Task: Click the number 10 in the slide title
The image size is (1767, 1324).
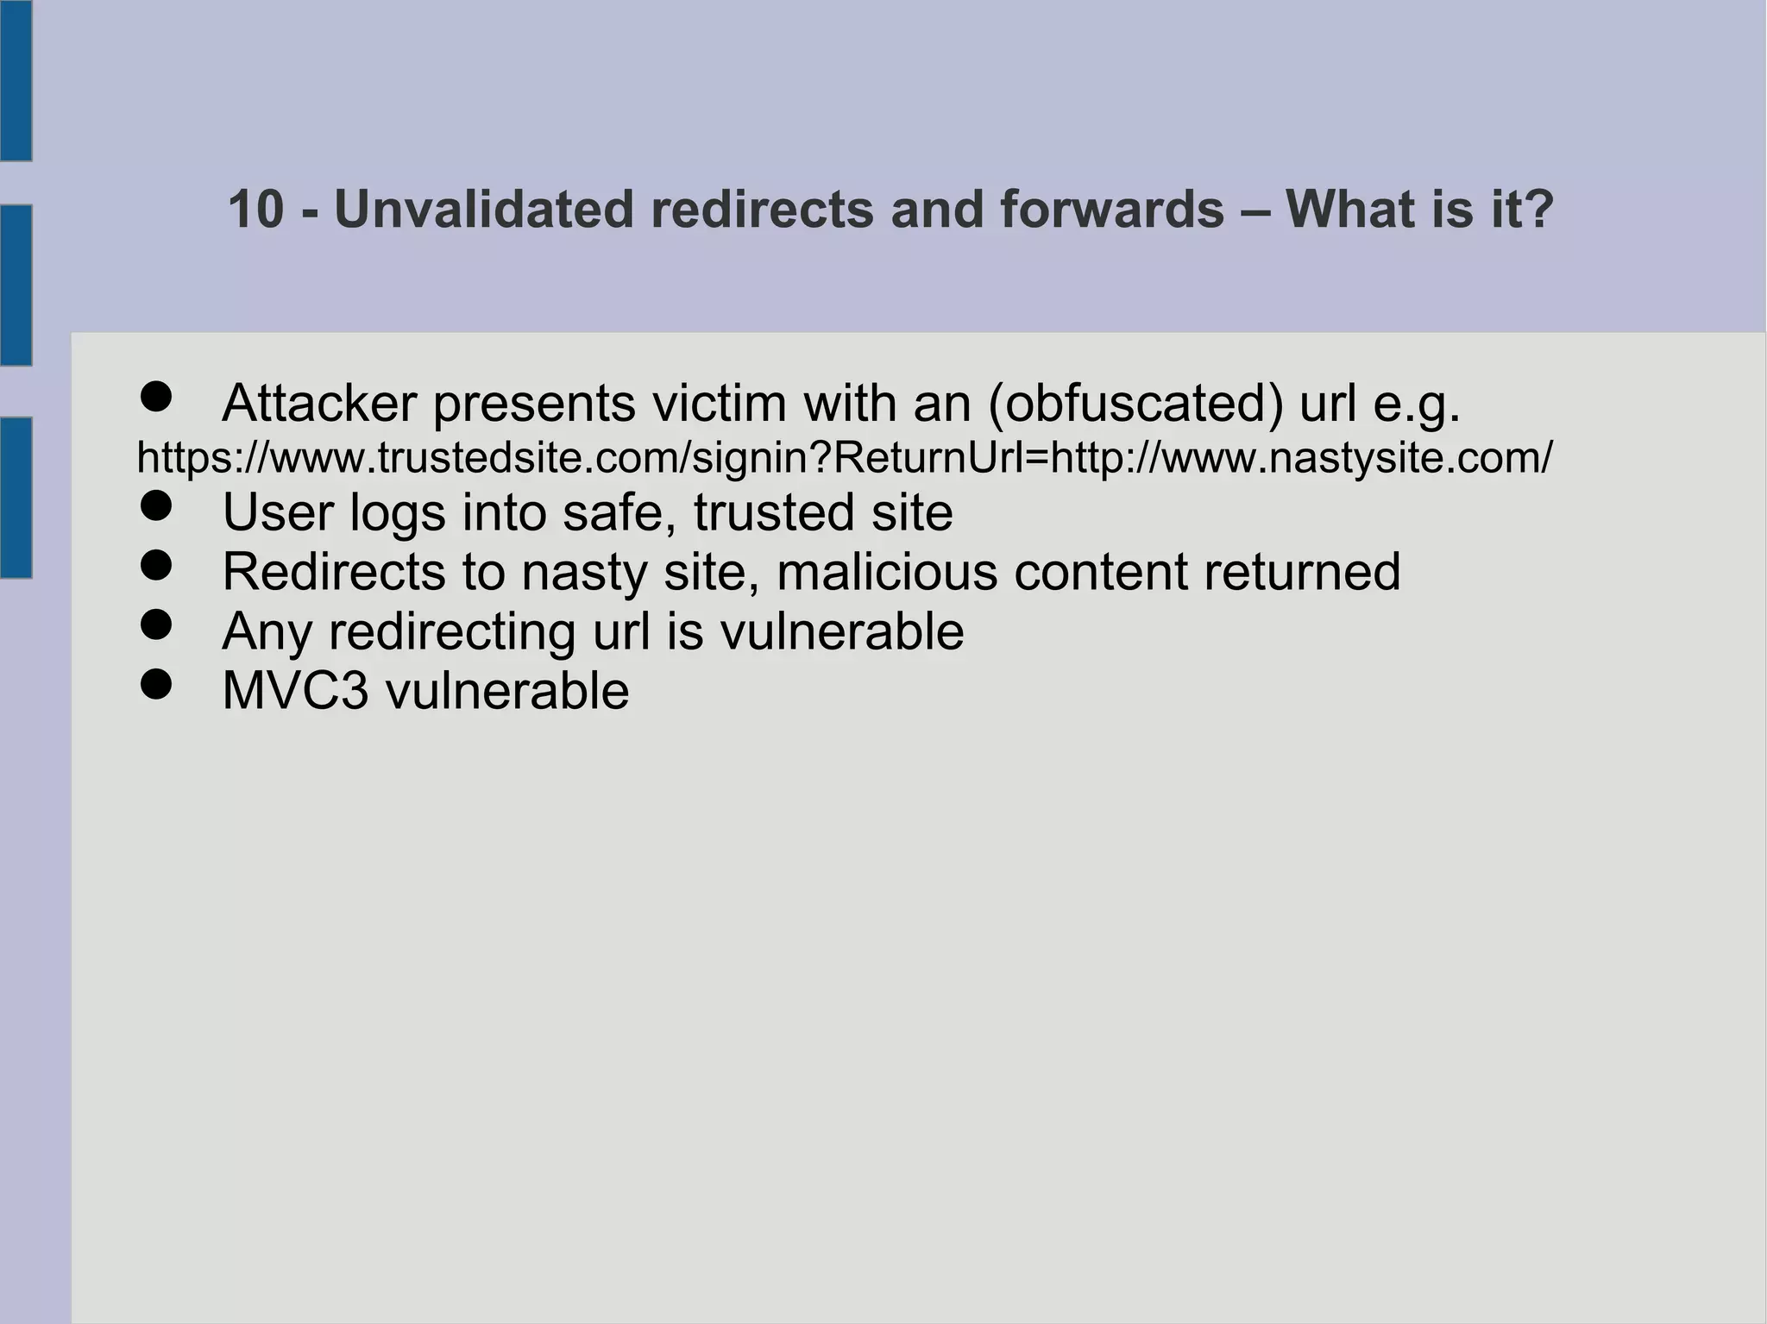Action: tap(255, 210)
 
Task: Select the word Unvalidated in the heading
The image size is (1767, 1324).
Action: tap(483, 210)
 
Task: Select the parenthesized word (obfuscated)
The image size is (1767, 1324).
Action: tap(1135, 405)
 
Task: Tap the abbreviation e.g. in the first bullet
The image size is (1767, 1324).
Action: tap(1416, 405)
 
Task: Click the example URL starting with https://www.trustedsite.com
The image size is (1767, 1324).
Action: tap(844, 457)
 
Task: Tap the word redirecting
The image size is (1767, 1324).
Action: tap(451, 632)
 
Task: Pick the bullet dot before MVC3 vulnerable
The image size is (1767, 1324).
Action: tap(156, 686)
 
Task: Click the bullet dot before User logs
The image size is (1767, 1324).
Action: tap(156, 507)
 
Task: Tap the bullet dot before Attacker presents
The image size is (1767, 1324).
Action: tap(156, 398)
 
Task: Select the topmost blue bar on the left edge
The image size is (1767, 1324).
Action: tap(16, 80)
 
